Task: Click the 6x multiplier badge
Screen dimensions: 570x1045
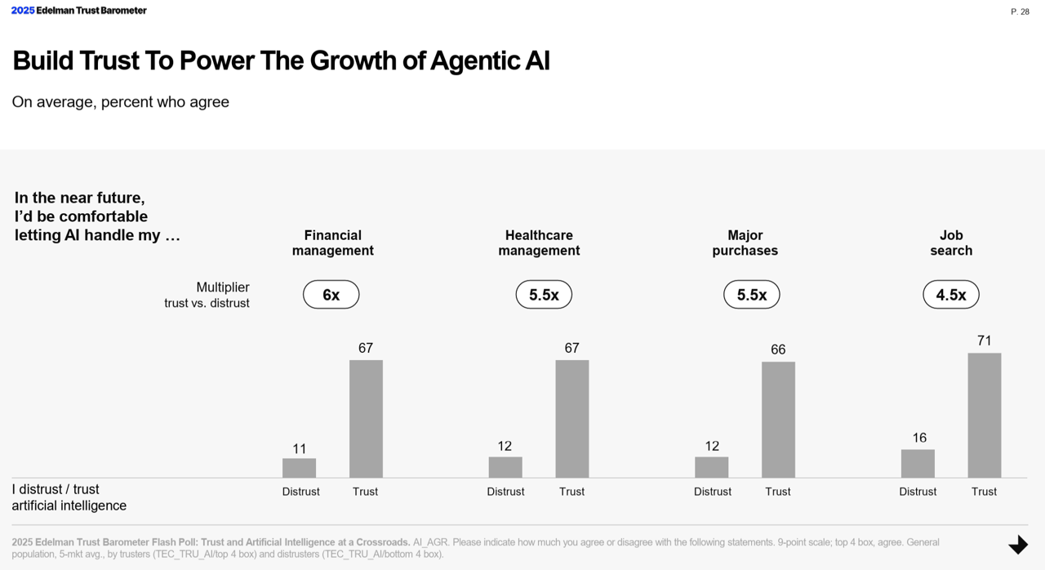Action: click(x=331, y=295)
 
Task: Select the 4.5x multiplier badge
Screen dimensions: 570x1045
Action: click(x=950, y=295)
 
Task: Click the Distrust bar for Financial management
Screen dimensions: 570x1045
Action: click(x=299, y=468)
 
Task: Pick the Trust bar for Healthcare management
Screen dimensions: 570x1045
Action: click(x=571, y=418)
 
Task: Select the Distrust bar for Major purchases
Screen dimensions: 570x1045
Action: click(x=711, y=467)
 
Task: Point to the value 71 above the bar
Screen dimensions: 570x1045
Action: click(x=984, y=341)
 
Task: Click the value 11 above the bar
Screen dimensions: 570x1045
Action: click(x=299, y=448)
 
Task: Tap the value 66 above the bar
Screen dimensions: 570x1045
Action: click(x=778, y=350)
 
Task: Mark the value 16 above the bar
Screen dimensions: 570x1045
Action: click(x=919, y=438)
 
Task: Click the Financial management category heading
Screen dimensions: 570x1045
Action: click(x=332, y=243)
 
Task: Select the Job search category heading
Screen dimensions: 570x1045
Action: click(x=951, y=243)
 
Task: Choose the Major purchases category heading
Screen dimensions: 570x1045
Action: click(x=745, y=243)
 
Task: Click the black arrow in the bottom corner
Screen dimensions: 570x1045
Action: click(x=1017, y=545)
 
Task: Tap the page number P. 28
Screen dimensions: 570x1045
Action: click(x=1020, y=11)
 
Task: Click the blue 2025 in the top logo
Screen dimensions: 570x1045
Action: click(x=23, y=11)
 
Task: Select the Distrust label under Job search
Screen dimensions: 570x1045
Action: click(x=918, y=492)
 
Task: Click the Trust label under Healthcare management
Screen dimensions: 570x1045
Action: click(x=571, y=492)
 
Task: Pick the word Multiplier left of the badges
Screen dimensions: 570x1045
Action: click(x=222, y=287)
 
